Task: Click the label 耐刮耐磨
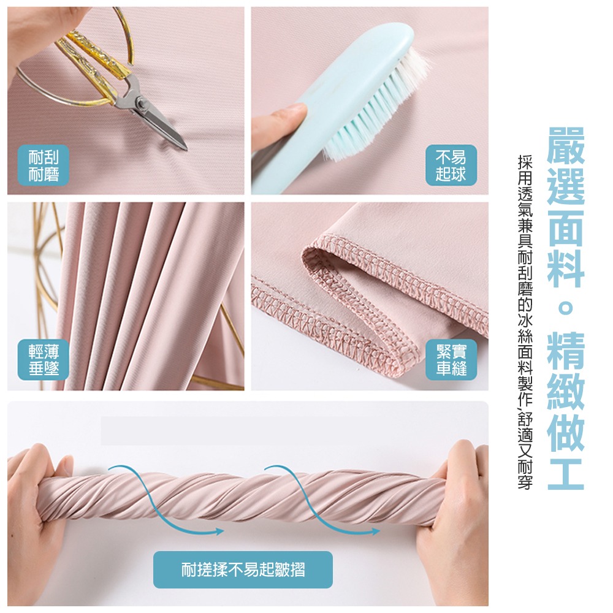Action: tap(44, 166)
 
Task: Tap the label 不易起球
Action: tap(451, 166)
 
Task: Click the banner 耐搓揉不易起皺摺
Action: tap(243, 569)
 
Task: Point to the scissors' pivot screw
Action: tap(141, 104)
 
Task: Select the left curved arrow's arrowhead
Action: tap(219, 531)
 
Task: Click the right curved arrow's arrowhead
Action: tap(375, 531)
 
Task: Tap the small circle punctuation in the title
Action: tap(566, 308)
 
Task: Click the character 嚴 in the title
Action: tap(566, 146)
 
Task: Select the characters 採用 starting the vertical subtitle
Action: tap(525, 169)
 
